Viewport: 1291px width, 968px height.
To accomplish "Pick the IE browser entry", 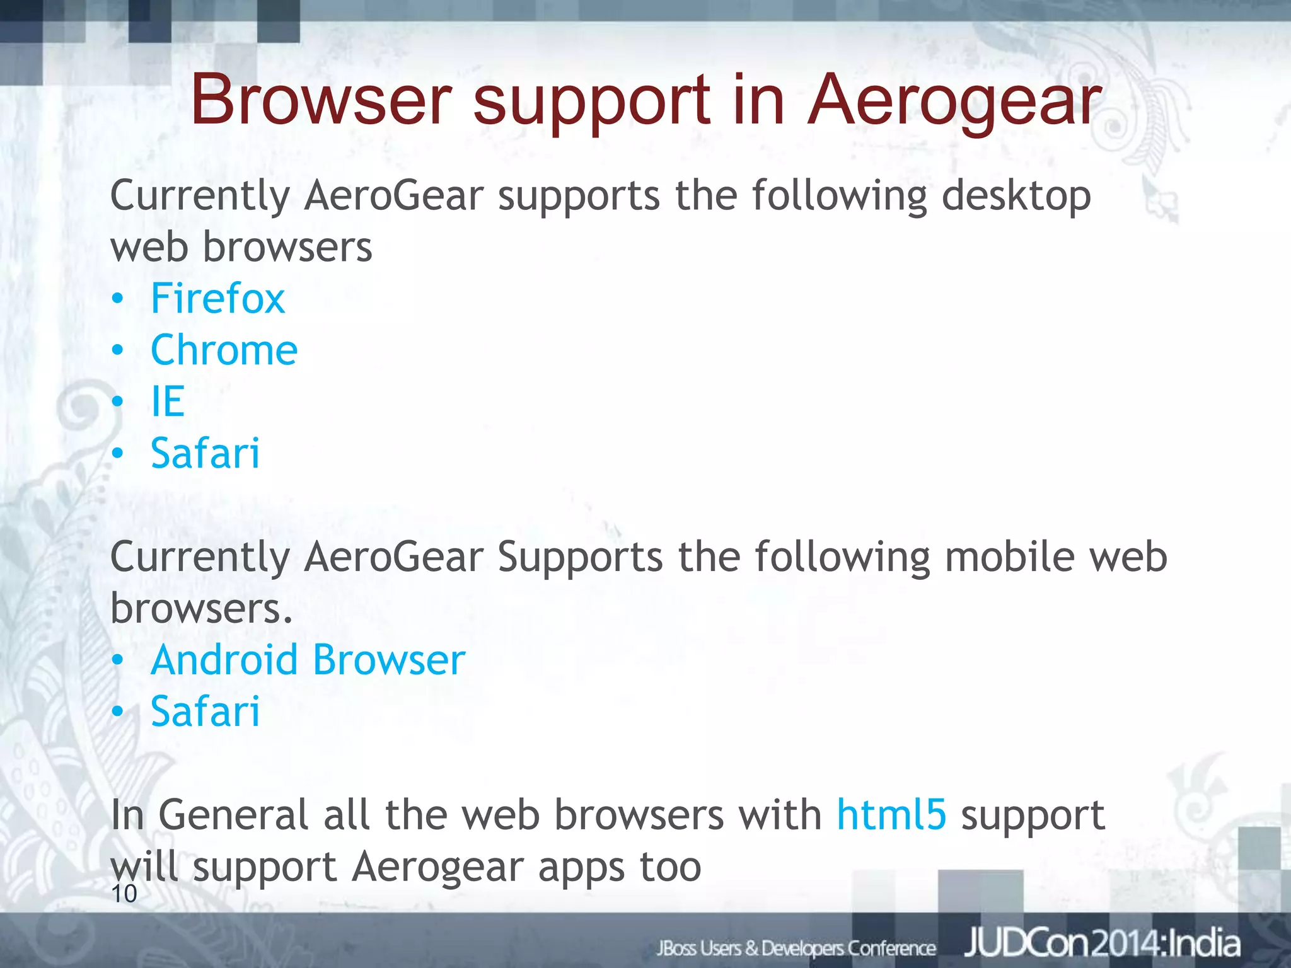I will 168,401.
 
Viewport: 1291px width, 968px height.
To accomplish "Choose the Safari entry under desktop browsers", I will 205,453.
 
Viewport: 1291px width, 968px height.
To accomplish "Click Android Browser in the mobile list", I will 308,660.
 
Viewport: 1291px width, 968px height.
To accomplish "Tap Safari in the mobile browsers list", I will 205,712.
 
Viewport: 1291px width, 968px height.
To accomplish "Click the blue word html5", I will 891,814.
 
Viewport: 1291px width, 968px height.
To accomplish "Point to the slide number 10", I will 124,894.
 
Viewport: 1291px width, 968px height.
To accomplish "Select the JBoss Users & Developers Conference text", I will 796,947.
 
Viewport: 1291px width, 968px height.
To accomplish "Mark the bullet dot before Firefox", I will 118,300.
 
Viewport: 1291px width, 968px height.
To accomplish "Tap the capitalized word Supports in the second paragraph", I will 580,558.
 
